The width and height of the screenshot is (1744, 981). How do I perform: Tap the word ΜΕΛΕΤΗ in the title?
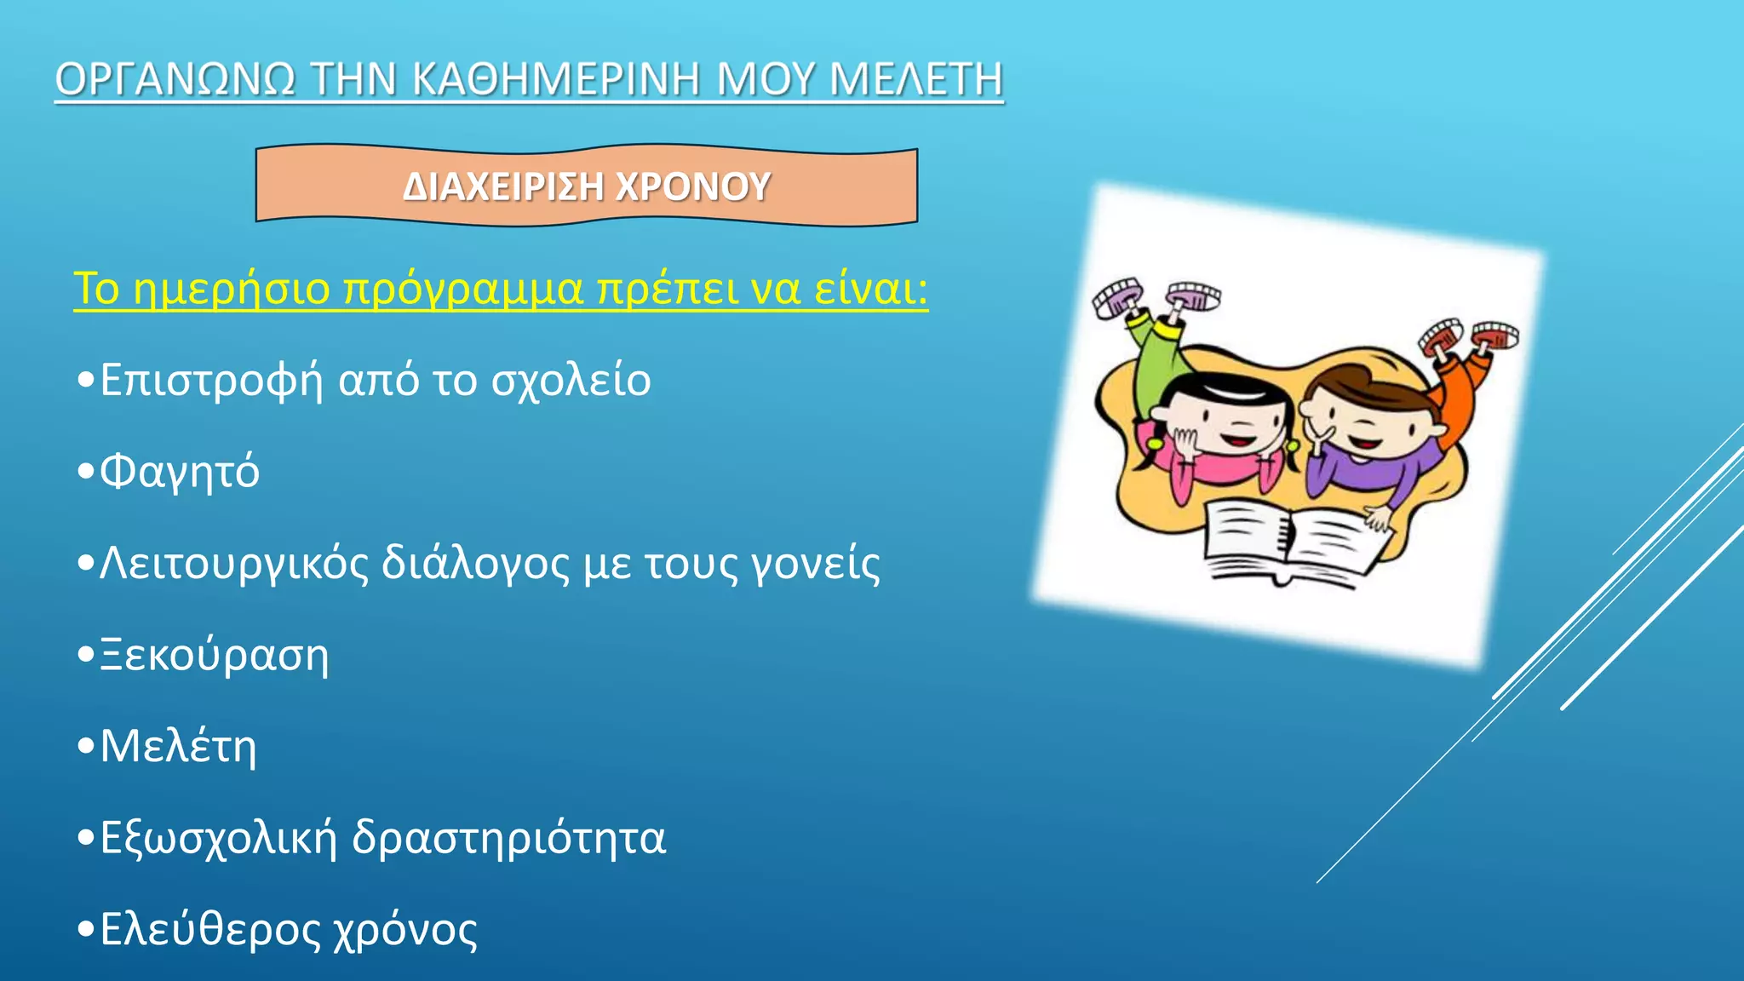click(916, 79)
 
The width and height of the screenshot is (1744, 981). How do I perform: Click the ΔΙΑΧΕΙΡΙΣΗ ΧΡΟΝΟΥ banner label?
click(587, 186)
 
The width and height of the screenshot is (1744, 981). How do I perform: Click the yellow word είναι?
click(870, 289)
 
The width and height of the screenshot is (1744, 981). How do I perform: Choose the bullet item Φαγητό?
click(180, 471)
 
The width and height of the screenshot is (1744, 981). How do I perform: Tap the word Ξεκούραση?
click(215, 655)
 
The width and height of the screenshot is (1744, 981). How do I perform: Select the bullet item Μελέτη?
click(178, 746)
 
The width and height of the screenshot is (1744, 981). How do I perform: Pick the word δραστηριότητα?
click(508, 838)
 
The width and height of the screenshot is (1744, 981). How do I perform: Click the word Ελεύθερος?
click(210, 929)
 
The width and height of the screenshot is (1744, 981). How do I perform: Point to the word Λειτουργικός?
click(234, 564)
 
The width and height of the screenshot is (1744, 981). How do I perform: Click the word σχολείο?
click(571, 380)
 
